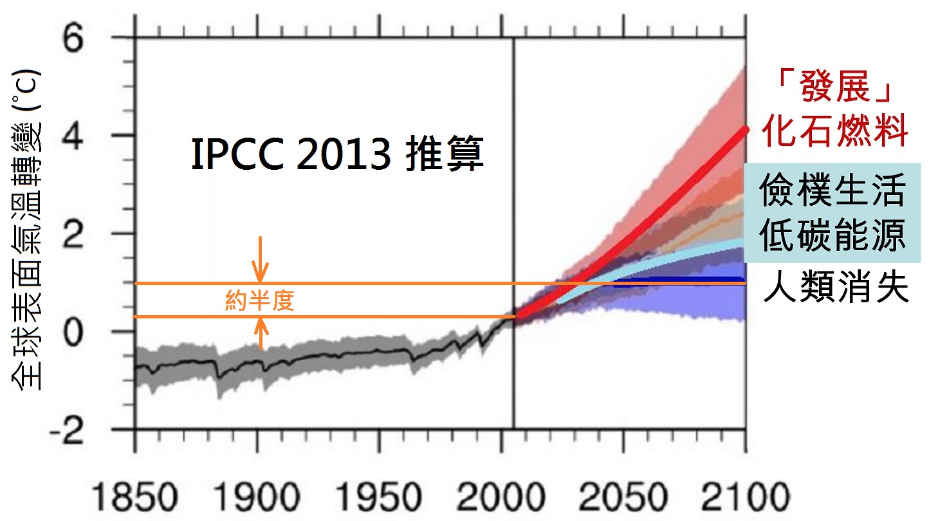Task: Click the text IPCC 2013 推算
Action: coord(337,156)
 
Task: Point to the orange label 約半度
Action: coord(260,300)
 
